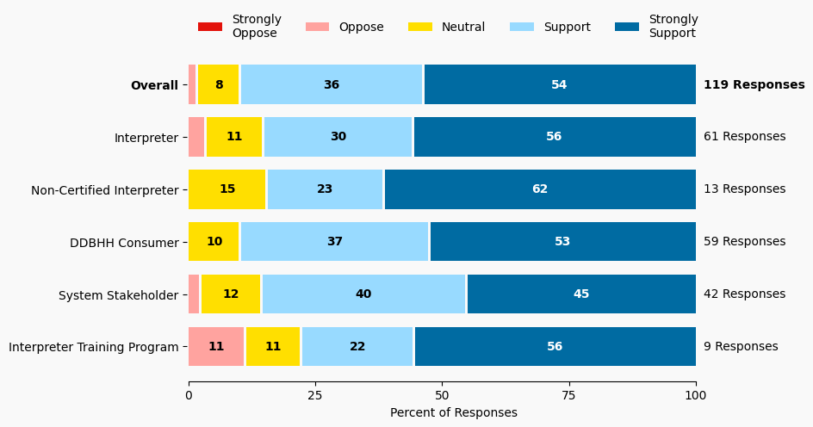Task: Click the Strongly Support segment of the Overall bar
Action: [x=560, y=84]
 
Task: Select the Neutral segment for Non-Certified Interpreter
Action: [x=227, y=189]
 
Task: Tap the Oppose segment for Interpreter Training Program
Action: [x=216, y=347]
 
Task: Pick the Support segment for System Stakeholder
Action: [x=363, y=294]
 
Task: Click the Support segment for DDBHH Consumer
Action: [x=334, y=242]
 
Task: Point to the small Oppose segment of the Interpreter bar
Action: [x=196, y=137]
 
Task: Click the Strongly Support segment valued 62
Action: [x=540, y=189]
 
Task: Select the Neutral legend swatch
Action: [x=419, y=27]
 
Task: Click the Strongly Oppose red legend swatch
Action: [x=210, y=27]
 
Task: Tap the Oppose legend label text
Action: [x=361, y=27]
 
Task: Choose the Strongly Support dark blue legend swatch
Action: [x=626, y=27]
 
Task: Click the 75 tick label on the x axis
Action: [x=568, y=395]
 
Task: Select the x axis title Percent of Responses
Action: [x=454, y=412]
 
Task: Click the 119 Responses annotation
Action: [x=754, y=84]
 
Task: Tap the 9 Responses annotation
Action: [x=741, y=347]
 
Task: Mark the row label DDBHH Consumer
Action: [x=124, y=243]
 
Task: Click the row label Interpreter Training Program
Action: [x=94, y=348]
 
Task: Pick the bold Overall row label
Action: [x=154, y=85]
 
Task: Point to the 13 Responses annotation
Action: [x=744, y=189]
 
